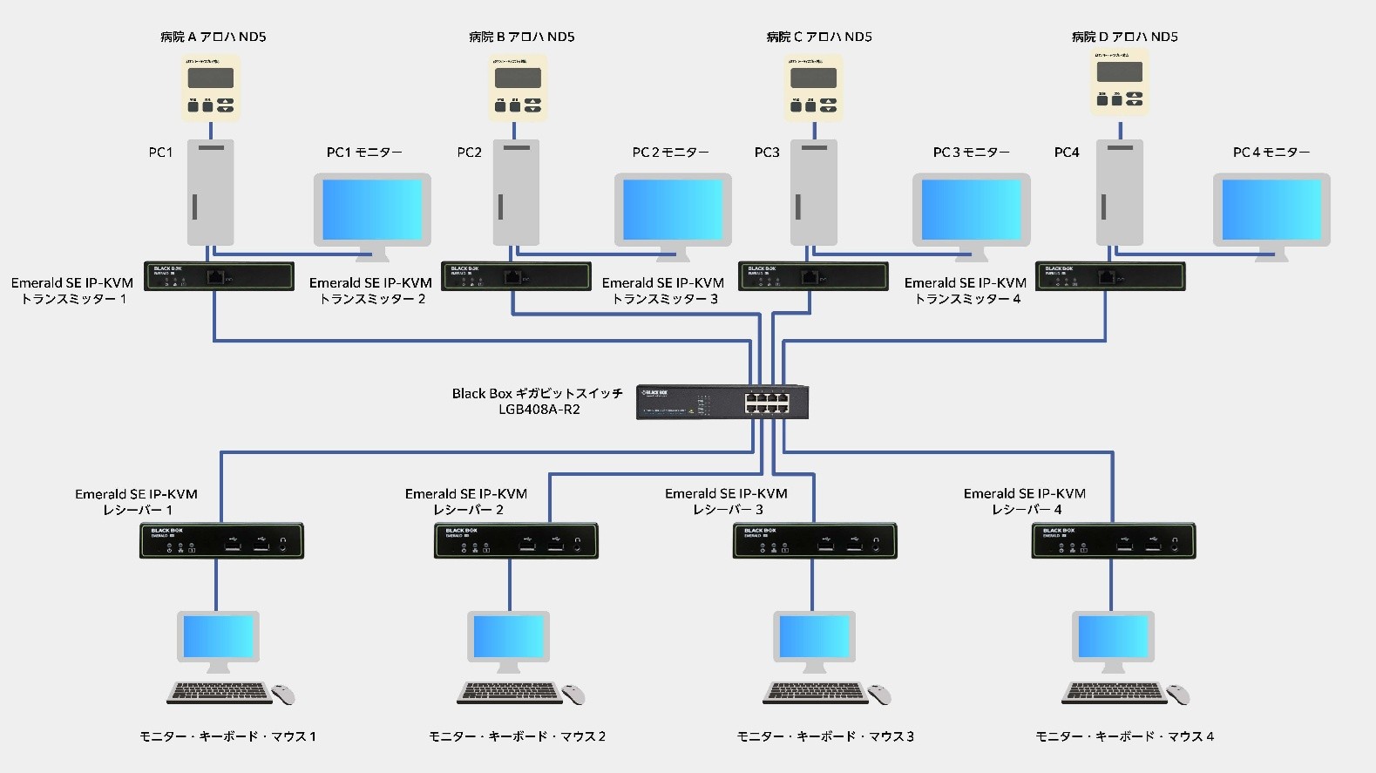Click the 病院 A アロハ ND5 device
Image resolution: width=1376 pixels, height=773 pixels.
(x=211, y=87)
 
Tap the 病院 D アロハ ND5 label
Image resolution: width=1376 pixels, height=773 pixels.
(x=1124, y=37)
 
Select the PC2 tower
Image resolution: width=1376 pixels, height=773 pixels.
(x=516, y=193)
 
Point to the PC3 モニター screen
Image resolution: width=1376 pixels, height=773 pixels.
(x=971, y=209)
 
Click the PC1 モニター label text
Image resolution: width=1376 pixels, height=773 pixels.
(x=364, y=153)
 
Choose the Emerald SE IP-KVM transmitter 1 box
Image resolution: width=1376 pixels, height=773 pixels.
(x=219, y=276)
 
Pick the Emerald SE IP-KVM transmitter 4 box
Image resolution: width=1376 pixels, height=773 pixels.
(x=1109, y=276)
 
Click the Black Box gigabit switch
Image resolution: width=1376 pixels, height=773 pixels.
(x=722, y=402)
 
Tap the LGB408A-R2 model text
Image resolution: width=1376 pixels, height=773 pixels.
(x=539, y=410)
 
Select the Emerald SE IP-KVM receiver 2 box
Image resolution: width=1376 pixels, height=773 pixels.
(x=516, y=541)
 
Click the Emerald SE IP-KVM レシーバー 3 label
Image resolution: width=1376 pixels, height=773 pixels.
(x=726, y=501)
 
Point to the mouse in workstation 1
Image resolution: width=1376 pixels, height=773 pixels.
(x=283, y=695)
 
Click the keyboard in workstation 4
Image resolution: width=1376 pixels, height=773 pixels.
(x=1114, y=693)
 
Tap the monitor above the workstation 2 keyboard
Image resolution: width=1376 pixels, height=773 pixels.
(x=509, y=638)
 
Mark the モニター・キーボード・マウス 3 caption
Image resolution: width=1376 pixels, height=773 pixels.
(x=825, y=736)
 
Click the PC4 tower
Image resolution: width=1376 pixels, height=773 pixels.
(x=1120, y=193)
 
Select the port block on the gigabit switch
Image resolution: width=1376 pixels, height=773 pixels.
(x=767, y=403)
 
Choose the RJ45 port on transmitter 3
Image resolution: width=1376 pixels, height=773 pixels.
(x=810, y=277)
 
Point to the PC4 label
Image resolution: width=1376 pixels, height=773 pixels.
(x=1067, y=153)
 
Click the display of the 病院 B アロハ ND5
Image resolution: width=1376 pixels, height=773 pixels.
(x=518, y=78)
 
